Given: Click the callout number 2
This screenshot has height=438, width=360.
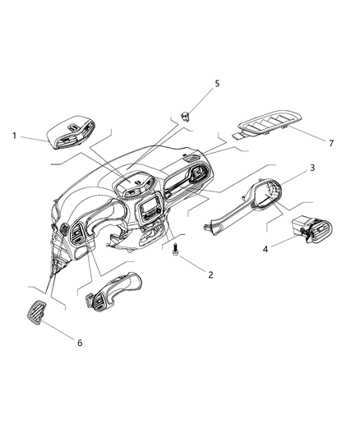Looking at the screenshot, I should pos(210,274).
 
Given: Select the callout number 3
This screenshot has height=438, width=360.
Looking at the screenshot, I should pos(312,168).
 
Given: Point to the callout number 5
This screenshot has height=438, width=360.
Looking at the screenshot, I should pos(217,83).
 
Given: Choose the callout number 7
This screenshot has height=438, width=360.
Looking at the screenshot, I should pos(331,143).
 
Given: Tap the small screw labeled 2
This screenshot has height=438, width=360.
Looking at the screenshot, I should pos(175,255).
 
